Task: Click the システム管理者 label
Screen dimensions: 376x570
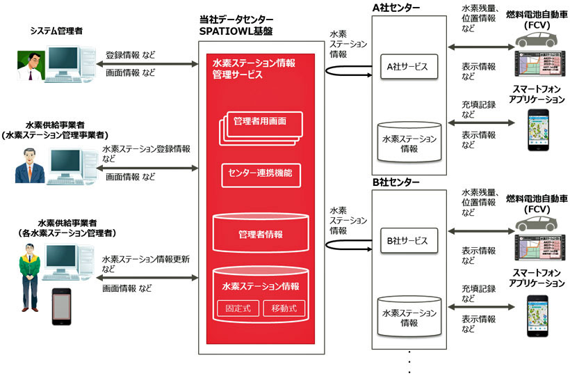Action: (56, 31)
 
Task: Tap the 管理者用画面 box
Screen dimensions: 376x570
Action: (261, 122)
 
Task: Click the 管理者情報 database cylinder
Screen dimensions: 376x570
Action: (261, 233)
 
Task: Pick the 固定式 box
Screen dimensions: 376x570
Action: (236, 307)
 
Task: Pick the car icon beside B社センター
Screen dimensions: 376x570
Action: (541, 219)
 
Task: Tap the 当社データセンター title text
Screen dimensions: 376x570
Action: (236, 19)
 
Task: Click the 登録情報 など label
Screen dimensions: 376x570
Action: (131, 54)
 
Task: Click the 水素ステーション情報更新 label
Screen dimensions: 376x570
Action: (146, 259)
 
